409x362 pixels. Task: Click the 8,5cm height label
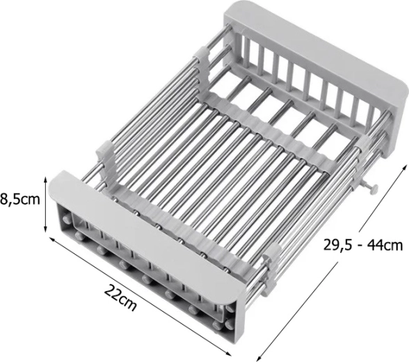click(x=20, y=200)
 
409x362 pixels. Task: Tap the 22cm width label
click(x=120, y=298)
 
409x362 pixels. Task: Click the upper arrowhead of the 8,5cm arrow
click(x=46, y=180)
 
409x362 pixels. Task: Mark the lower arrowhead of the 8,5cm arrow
click(x=46, y=229)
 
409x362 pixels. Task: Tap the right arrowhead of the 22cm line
click(x=228, y=354)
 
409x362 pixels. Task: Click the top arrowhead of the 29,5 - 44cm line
click(x=405, y=167)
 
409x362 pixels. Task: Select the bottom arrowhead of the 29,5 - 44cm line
click(x=259, y=358)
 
